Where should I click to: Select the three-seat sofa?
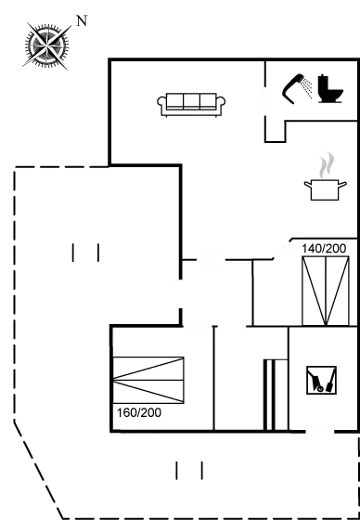192,103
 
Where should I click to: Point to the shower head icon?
300,85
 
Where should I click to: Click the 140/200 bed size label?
324,249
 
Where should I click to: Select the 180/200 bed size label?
138,412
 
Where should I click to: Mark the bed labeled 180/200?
148,381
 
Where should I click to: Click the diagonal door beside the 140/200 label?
280,250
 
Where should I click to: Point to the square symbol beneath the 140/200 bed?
320,379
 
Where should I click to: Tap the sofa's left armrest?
163,105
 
